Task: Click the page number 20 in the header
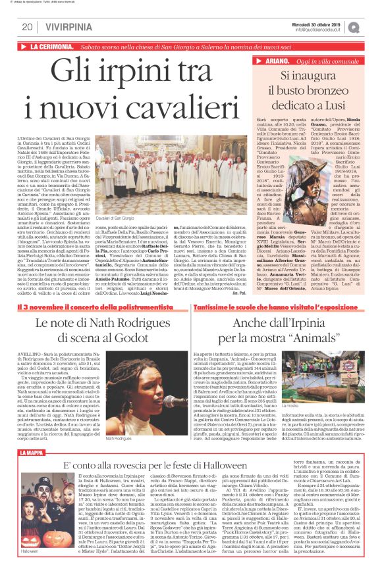(27, 27)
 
